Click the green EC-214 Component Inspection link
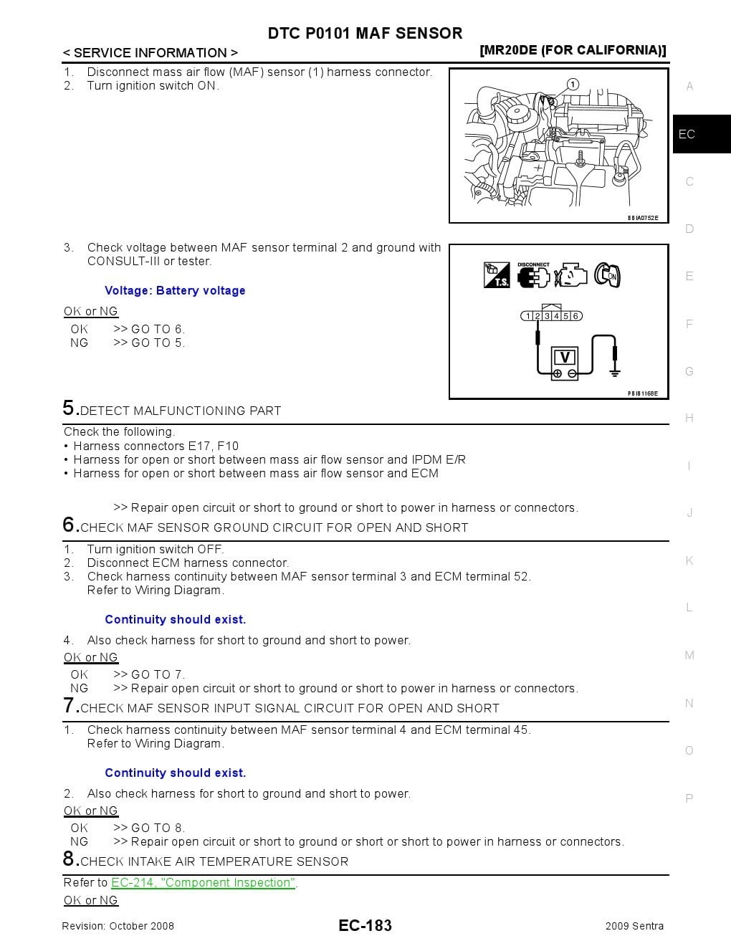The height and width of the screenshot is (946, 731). [203, 883]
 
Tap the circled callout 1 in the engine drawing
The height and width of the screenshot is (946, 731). [573, 85]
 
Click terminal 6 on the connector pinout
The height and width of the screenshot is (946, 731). [575, 316]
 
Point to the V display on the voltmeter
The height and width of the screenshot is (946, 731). [565, 357]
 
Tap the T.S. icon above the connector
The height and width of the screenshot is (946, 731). [497, 275]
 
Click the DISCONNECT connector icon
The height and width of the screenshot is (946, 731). [532, 275]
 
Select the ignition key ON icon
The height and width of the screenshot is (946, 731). [607, 275]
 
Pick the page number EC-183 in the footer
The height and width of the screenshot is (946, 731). [365, 925]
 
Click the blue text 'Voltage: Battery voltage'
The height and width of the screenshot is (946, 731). [175, 290]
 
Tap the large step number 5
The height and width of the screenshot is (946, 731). [70, 408]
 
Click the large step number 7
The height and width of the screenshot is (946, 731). [70, 706]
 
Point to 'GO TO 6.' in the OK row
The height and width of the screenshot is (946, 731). [158, 329]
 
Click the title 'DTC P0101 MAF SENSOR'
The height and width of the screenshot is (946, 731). [365, 33]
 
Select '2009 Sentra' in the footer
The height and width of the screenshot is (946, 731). [634, 926]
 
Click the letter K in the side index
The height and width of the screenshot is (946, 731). [689, 560]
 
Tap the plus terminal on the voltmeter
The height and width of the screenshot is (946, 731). [558, 374]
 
